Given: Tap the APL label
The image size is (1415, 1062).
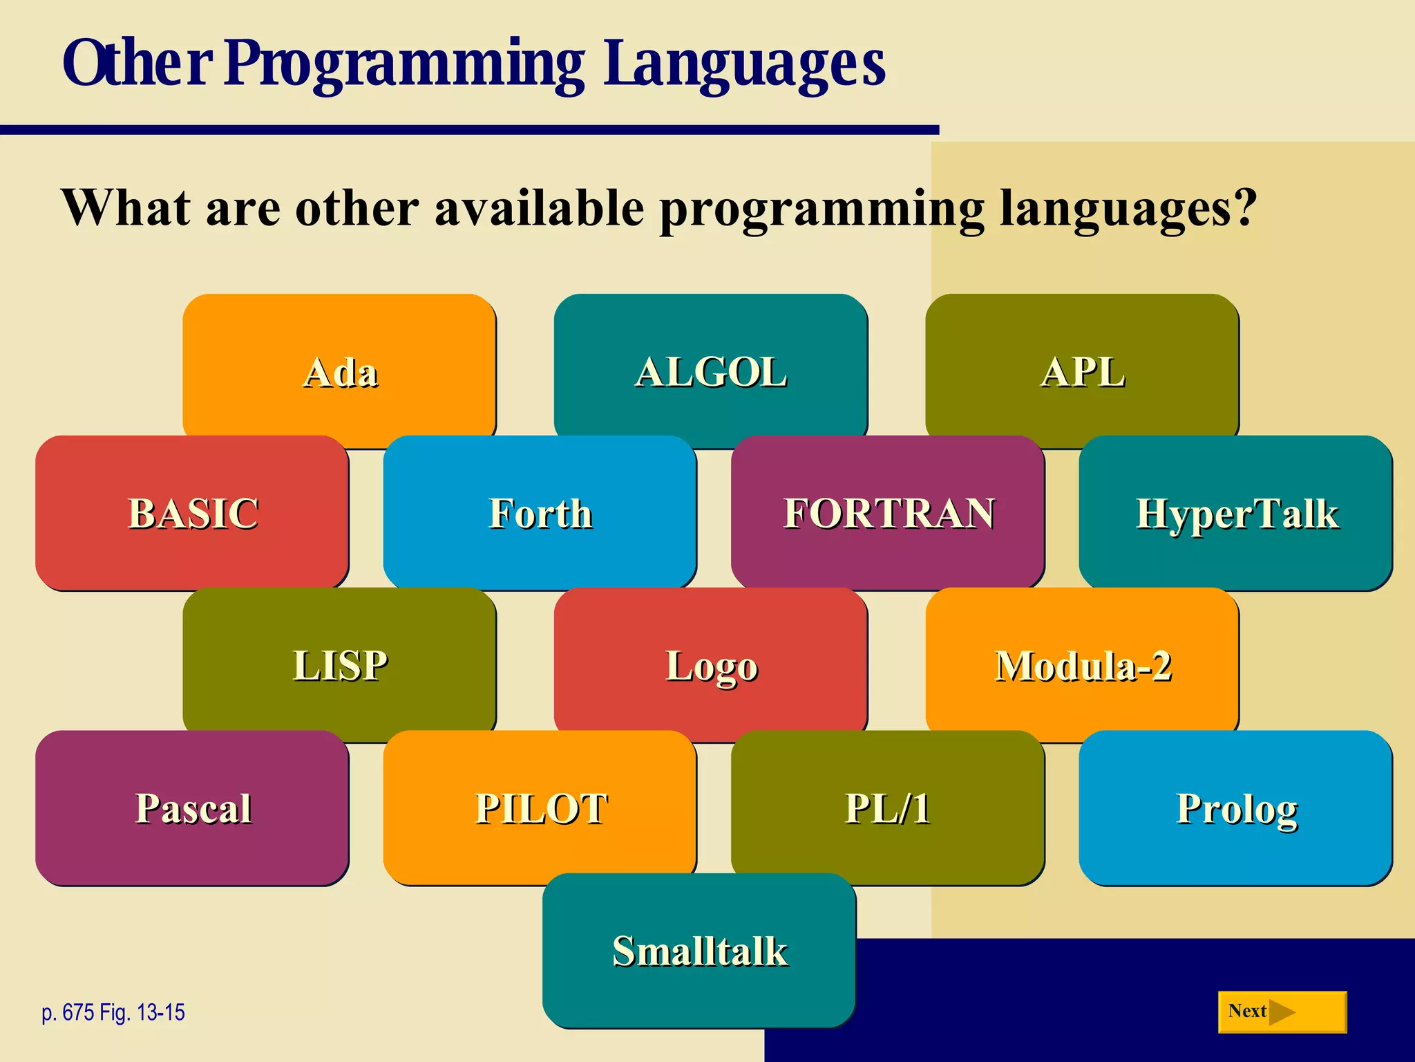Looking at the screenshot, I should [1082, 372].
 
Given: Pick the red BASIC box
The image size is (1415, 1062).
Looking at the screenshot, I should [192, 512].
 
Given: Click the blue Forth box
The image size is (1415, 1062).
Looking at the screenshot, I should [540, 512].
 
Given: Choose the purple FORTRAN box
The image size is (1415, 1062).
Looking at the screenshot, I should [888, 512].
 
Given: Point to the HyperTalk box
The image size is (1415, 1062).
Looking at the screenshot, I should [1236, 512].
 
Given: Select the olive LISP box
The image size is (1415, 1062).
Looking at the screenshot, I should [339, 664].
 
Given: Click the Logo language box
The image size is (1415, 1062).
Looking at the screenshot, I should [710, 664].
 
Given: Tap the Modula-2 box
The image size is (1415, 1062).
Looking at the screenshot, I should [1082, 664].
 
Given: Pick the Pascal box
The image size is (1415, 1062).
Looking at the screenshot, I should [192, 807].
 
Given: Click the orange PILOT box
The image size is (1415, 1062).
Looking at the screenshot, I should [540, 807].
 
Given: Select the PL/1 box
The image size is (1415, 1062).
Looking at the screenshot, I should [888, 807].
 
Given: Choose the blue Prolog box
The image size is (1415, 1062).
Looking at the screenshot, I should [1236, 807].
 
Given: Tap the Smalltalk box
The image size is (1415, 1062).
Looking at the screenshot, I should [699, 950].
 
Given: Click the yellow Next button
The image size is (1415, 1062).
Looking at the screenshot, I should [1282, 1012].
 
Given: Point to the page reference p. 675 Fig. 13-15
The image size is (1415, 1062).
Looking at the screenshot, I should [113, 1012].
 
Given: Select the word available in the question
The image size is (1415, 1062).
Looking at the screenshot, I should [539, 207].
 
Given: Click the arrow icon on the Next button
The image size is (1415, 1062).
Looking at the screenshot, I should [1282, 1012].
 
